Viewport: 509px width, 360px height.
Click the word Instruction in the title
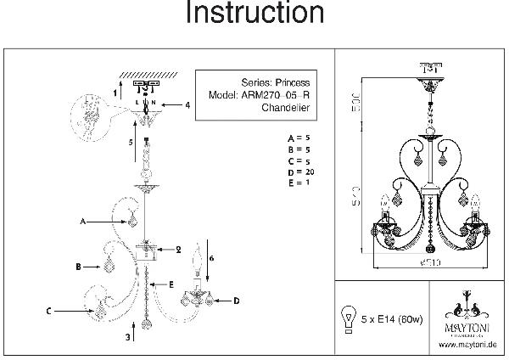point(255,14)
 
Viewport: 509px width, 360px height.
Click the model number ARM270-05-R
point(277,96)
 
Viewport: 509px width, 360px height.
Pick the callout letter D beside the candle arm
point(236,301)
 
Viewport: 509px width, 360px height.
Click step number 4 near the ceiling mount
point(187,105)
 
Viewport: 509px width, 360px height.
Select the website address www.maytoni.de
point(468,345)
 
